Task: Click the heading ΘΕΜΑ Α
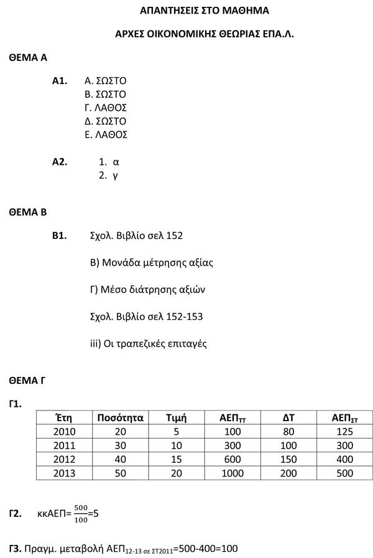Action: click(x=28, y=58)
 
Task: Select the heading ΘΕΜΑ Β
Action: click(x=28, y=212)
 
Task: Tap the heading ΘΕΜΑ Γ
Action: click(x=27, y=380)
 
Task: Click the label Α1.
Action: click(x=60, y=81)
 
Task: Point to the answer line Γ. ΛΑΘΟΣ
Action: click(x=105, y=108)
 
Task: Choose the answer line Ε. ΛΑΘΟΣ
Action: click(x=106, y=134)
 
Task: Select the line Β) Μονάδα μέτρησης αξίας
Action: click(x=152, y=263)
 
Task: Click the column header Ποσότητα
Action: click(x=120, y=418)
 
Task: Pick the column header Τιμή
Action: click(x=177, y=418)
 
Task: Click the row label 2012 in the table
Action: click(x=64, y=459)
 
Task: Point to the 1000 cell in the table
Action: click(x=233, y=473)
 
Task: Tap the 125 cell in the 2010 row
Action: click(x=344, y=432)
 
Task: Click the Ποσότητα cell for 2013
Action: click(x=120, y=473)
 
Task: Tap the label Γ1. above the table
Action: click(x=16, y=404)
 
